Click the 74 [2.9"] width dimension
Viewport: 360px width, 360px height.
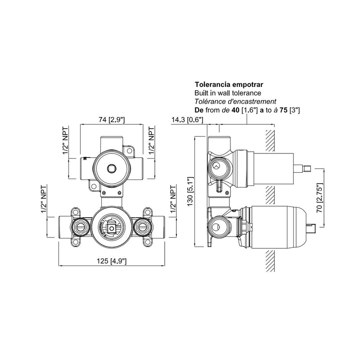[111, 119]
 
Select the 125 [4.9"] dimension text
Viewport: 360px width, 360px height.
[111, 261]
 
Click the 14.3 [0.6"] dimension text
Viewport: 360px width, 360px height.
[188, 120]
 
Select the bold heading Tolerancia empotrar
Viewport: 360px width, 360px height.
[225, 84]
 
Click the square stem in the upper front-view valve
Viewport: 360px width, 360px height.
[111, 169]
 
